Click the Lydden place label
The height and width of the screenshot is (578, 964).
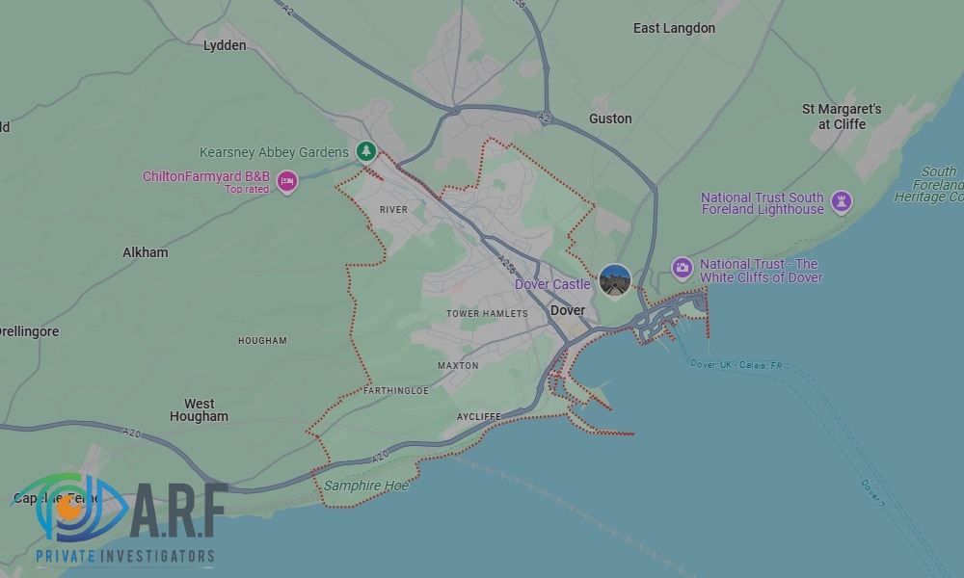click(225, 45)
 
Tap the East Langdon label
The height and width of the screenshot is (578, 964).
click(674, 28)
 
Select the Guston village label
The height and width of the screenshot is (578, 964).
click(610, 118)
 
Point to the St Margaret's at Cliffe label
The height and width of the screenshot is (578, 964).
click(842, 117)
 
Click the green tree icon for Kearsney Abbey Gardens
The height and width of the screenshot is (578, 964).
click(365, 151)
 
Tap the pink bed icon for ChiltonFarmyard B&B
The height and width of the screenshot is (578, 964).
click(286, 180)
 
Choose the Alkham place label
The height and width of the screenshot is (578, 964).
click(145, 252)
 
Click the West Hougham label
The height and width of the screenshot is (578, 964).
click(199, 410)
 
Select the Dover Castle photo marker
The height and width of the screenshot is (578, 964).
click(615, 281)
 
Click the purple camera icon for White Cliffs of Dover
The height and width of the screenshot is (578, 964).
click(683, 268)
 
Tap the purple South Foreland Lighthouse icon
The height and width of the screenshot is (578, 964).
click(842, 201)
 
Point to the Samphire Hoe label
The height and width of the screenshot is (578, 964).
click(365, 486)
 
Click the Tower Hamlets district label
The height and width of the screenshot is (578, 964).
click(487, 314)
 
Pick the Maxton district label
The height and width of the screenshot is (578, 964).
click(458, 366)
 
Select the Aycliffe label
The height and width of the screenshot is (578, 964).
click(478, 416)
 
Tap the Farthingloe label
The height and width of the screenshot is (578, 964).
click(396, 391)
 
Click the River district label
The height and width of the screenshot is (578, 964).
click(393, 209)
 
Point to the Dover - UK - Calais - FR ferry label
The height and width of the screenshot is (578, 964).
click(736, 365)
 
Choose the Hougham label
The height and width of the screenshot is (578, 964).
click(262, 340)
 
